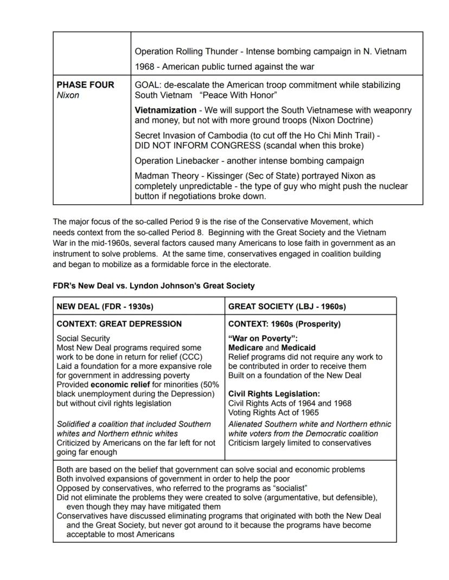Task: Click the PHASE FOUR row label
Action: (85, 85)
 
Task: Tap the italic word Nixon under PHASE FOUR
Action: (68, 95)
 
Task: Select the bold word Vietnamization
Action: (165, 110)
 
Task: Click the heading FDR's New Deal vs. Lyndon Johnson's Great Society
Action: (153, 285)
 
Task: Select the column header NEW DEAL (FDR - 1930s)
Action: (105, 307)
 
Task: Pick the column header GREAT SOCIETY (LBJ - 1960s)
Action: (286, 307)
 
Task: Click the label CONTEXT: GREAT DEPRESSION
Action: (119, 324)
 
